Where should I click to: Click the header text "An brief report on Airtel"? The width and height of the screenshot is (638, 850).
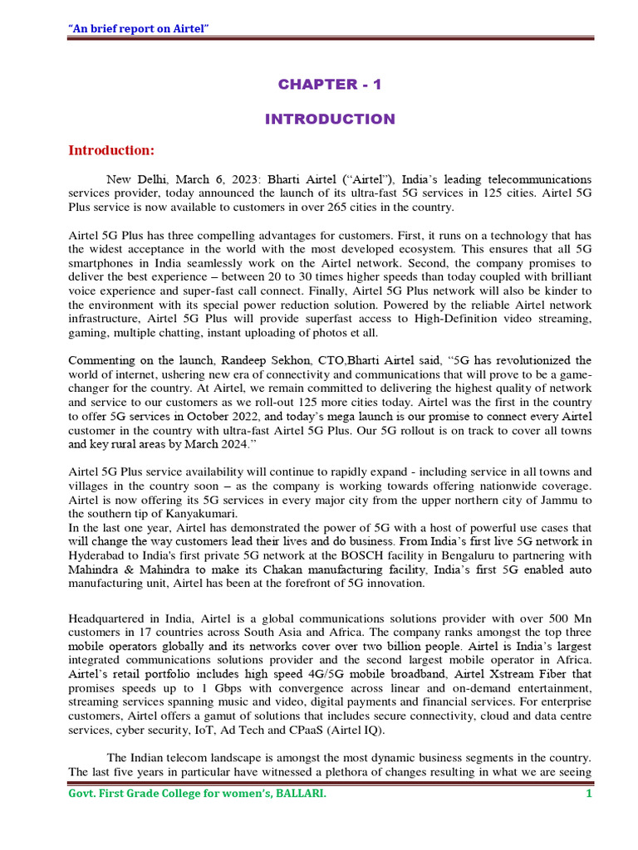coord(138,29)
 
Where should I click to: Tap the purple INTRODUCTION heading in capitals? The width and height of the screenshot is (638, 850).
coord(330,119)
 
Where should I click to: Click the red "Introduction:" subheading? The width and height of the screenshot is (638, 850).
coord(111,150)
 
